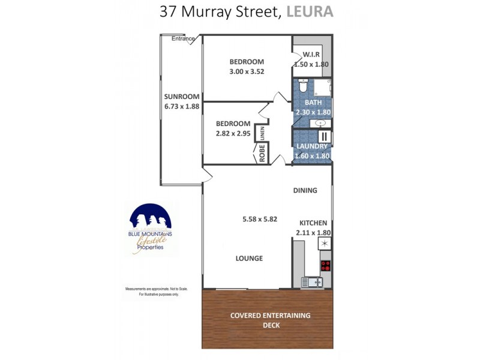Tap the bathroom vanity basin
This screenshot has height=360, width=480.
click(319, 123)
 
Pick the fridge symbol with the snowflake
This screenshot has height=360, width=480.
click(325, 244)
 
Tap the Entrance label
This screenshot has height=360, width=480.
click(183, 39)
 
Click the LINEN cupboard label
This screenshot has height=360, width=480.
click(262, 133)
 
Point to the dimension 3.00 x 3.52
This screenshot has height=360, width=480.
click(247, 71)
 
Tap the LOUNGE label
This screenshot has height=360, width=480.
click(249, 259)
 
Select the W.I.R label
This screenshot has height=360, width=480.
click(311, 55)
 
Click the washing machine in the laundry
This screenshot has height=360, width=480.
click(323, 137)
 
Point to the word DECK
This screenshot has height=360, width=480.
click(271, 326)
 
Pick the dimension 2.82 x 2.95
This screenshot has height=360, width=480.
click(233, 133)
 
